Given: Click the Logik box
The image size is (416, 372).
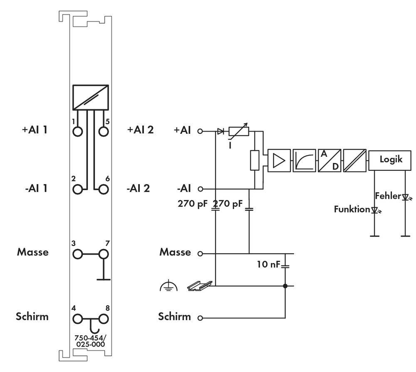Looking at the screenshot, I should [x=390, y=160].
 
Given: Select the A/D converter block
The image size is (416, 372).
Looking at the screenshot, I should [x=329, y=160].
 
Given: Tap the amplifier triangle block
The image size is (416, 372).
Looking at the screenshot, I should [x=280, y=160].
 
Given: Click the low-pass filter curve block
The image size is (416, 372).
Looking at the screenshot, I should [x=305, y=160].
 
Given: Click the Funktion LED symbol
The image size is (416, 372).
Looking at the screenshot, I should [x=375, y=211].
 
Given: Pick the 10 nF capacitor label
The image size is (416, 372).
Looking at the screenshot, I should [x=270, y=264].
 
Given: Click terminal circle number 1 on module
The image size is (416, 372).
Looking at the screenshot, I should [x=77, y=131].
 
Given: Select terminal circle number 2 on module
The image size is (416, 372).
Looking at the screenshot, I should [x=77, y=190].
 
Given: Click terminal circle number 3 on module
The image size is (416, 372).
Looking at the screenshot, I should [x=77, y=254].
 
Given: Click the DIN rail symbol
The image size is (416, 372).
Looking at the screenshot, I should [x=199, y=285].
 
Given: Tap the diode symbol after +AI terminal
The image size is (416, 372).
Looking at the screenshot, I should [x=221, y=131].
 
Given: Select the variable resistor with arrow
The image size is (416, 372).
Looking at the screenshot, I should [x=239, y=131].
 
